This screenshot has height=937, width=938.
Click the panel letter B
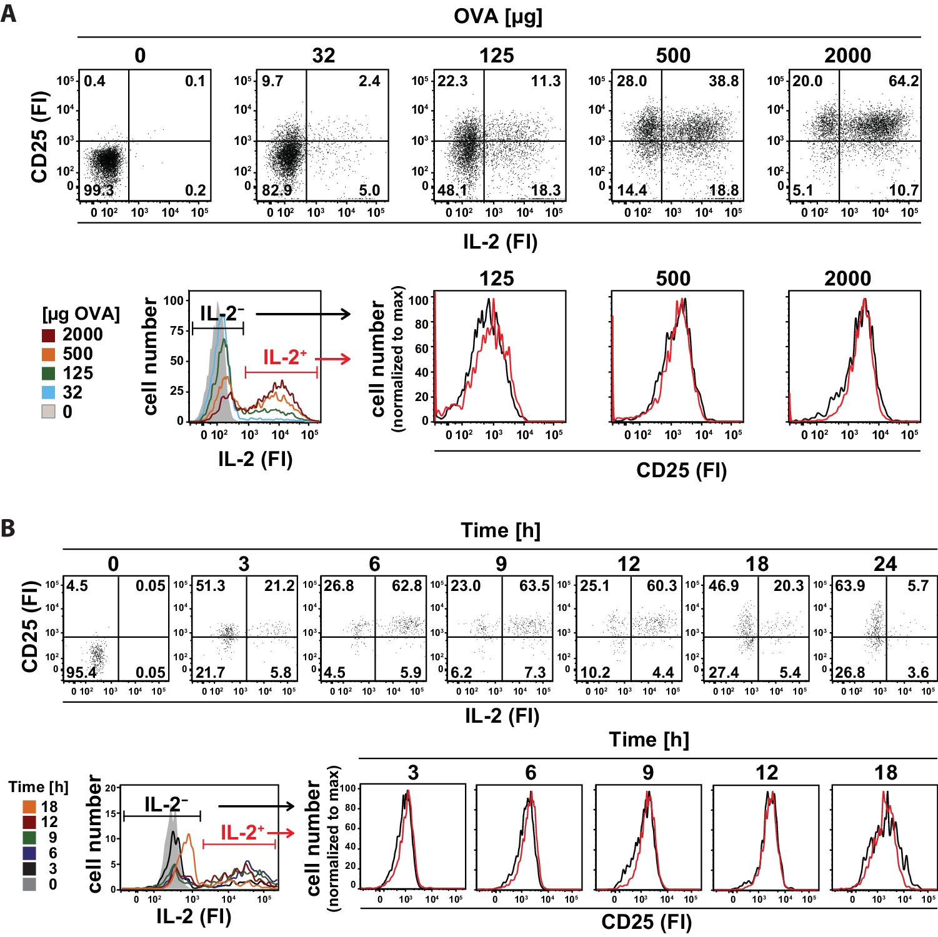tap(8, 528)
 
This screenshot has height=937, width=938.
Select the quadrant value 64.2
tap(904, 81)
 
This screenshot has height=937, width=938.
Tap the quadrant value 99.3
tap(99, 190)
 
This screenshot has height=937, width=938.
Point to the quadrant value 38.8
tap(724, 81)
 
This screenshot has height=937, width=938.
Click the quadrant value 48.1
tap(452, 190)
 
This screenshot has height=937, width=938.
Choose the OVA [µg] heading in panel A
tap(498, 16)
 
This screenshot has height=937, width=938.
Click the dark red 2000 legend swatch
tap(49, 335)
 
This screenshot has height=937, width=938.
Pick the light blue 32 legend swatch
tap(49, 393)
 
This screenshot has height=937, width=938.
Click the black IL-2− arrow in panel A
tap(304, 314)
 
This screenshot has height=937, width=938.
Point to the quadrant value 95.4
tap(81, 673)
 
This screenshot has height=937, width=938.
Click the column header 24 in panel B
tap(885, 564)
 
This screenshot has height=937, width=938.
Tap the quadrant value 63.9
tap(850, 586)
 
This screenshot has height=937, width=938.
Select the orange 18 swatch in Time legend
tap(29, 807)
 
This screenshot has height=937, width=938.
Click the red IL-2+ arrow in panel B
tap(285, 833)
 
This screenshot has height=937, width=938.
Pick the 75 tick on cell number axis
tap(176, 330)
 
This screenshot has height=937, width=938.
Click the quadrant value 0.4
tap(94, 81)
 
